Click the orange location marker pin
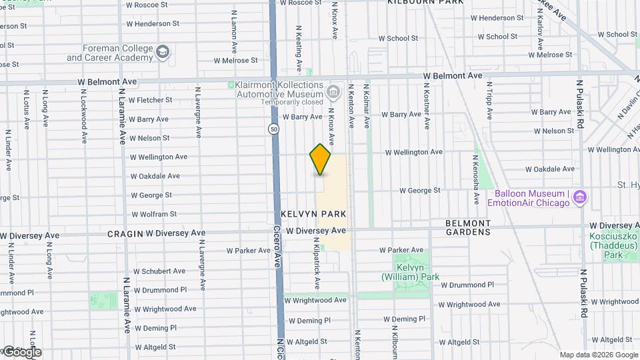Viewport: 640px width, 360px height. click(x=320, y=159)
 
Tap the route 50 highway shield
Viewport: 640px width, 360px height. click(x=273, y=129)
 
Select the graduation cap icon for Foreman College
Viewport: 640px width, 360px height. click(x=162, y=52)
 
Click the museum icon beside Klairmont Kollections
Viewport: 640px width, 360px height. click(x=334, y=89)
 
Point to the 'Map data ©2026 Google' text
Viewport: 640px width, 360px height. click(x=598, y=355)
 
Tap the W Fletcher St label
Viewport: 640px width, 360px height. click(x=150, y=100)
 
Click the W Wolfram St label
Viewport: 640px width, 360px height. click(x=153, y=214)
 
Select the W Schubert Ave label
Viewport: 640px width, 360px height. click(x=159, y=271)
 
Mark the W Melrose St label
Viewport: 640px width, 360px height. click(x=235, y=60)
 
